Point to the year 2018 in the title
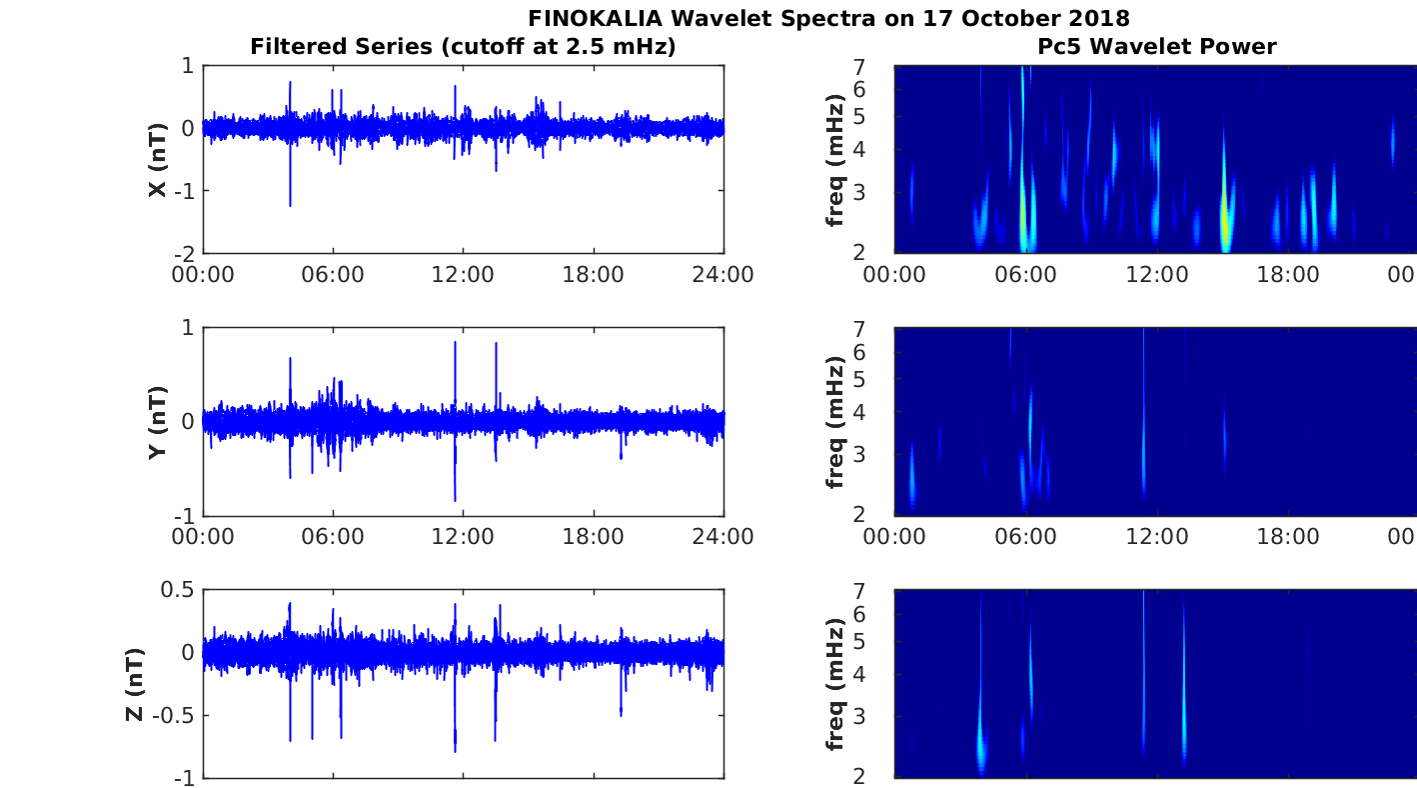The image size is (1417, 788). tap(1097, 18)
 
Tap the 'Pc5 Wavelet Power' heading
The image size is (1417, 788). tap(1156, 46)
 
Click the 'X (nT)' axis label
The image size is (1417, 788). tap(157, 159)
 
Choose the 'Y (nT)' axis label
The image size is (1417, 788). tap(157, 422)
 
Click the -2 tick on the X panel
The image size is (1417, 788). tap(185, 253)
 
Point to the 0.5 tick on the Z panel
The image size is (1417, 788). tap(176, 590)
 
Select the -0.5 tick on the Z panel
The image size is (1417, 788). tap(172, 715)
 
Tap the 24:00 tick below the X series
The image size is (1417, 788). tap(723, 275)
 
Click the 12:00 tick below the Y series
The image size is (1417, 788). tap(464, 537)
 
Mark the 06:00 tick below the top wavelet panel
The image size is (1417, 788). tap(1025, 275)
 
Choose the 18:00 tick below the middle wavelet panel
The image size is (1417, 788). tap(1288, 537)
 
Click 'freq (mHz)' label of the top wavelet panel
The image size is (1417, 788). tap(835, 159)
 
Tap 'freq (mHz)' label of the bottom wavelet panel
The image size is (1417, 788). tap(835, 684)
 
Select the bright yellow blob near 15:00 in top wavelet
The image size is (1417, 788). tap(1225, 225)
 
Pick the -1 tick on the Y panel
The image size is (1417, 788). tap(185, 515)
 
